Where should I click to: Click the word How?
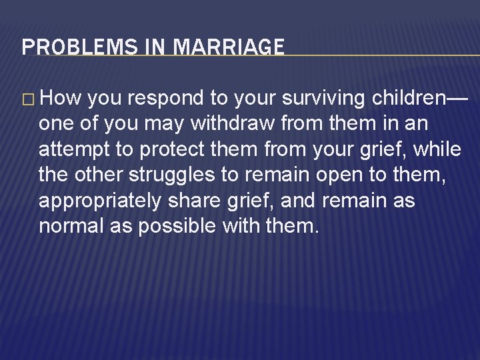[61, 99]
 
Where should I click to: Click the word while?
[437, 149]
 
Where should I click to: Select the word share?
[214, 201]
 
